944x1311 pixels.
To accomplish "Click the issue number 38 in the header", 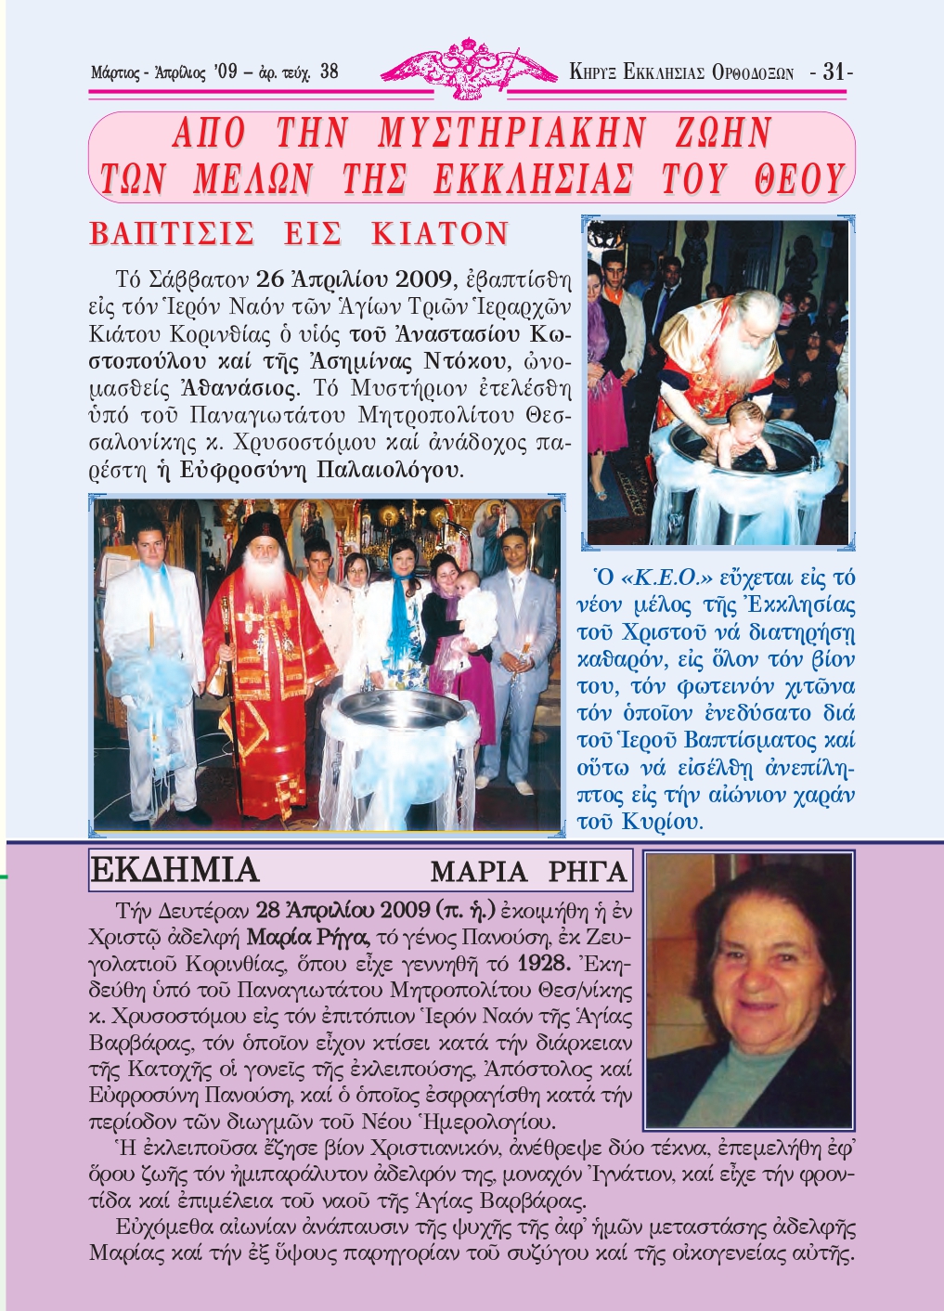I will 329,71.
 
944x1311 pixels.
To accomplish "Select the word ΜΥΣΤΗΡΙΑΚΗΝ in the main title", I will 511,134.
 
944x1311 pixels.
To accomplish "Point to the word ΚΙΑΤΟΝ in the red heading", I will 440,233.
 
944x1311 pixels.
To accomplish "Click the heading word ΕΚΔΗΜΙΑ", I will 175,871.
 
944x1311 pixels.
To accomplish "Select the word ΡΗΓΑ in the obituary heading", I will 588,873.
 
